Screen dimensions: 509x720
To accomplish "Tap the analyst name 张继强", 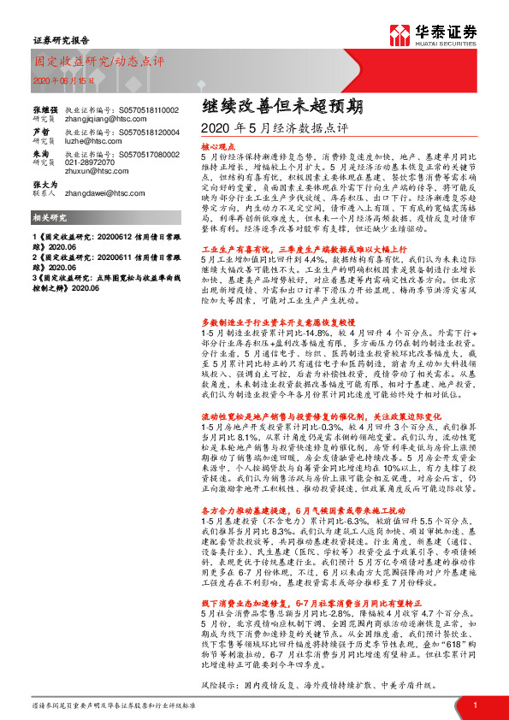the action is (46, 111).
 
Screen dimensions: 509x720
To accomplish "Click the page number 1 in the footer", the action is (475, 705).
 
